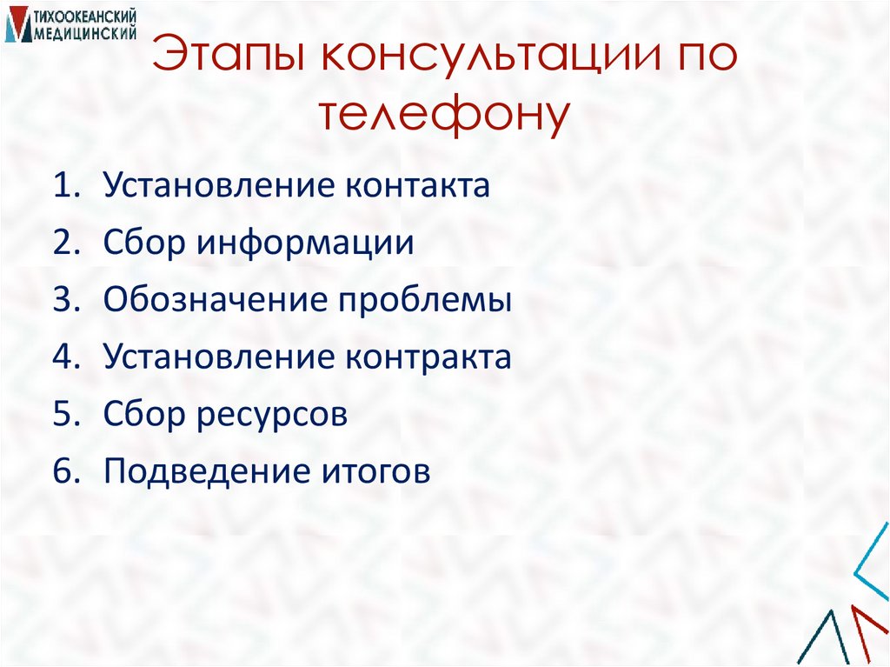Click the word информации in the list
coord(305,243)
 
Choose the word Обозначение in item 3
coord(214,301)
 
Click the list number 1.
coord(65,186)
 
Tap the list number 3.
coord(65,301)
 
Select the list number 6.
coord(65,472)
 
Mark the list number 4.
coord(65,357)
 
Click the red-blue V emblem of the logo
coord(18,26)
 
